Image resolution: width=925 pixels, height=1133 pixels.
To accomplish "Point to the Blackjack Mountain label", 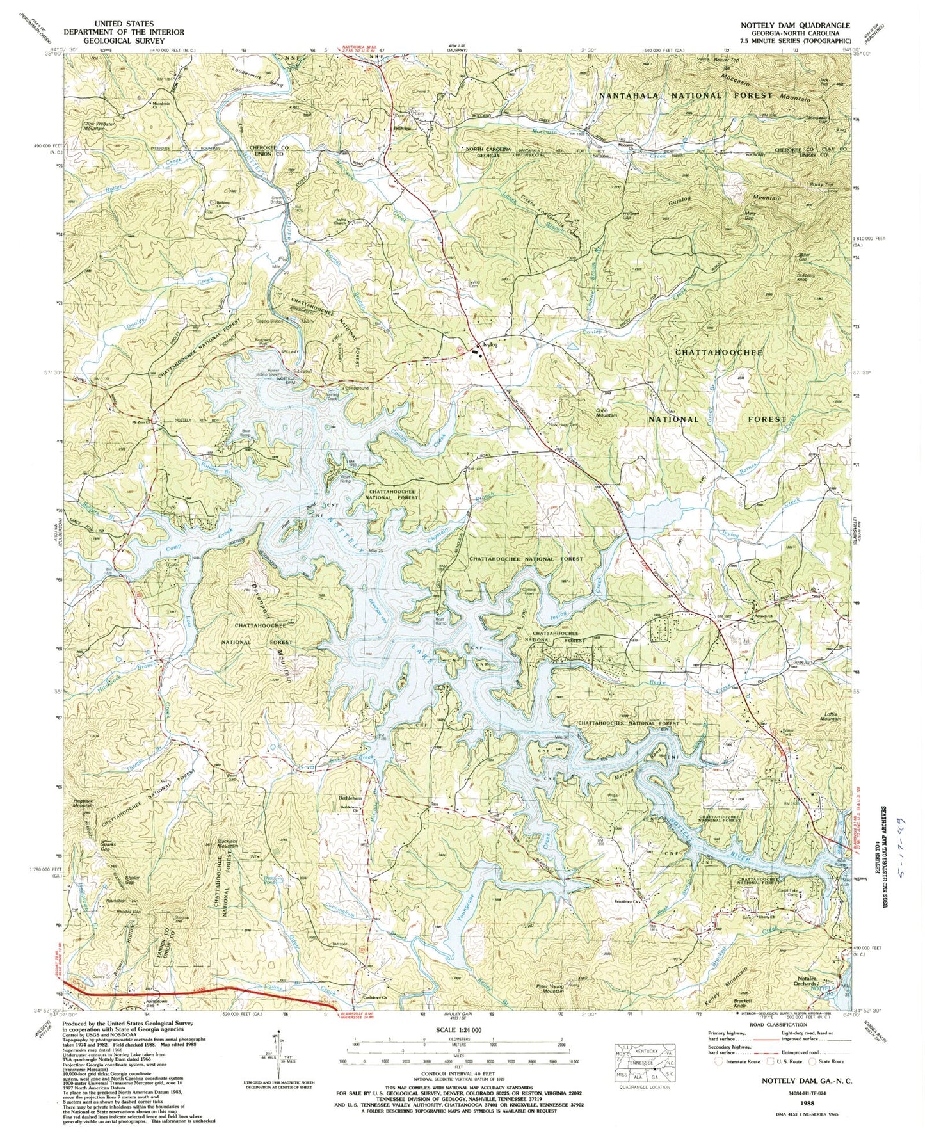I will [x=228, y=843].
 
